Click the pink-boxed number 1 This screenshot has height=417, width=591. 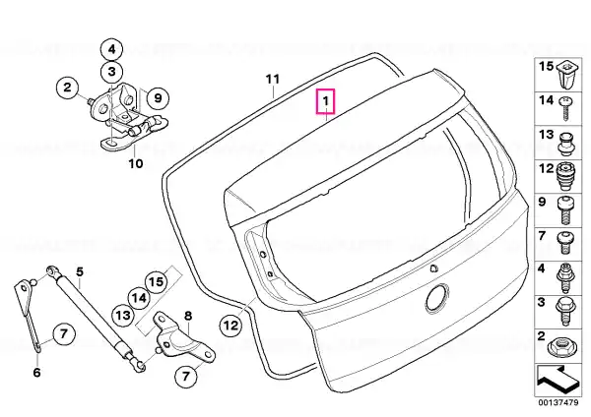(x=325, y=101)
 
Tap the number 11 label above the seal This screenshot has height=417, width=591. (x=273, y=80)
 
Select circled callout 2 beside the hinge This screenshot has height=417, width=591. (x=67, y=88)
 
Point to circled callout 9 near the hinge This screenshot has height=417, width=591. (x=158, y=98)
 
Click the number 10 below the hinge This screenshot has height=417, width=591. (x=135, y=163)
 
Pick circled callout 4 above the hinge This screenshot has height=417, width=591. (x=111, y=49)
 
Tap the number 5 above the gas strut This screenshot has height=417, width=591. (x=79, y=271)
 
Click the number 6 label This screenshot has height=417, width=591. (x=36, y=373)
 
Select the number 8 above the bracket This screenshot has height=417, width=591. (x=187, y=316)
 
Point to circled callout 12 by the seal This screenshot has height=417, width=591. (x=230, y=325)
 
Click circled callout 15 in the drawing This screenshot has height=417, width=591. (x=157, y=281)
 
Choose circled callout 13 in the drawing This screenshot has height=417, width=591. (x=123, y=315)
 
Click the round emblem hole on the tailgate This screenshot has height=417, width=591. (x=437, y=297)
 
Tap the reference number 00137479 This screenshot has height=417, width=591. (x=558, y=402)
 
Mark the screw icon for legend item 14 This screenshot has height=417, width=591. (x=565, y=108)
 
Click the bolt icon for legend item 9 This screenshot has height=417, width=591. (x=565, y=210)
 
